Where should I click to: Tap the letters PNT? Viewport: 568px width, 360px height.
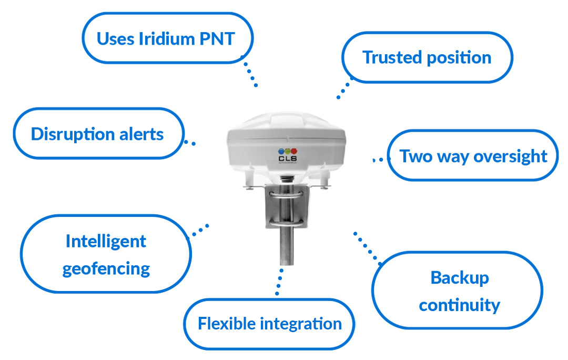click(217, 39)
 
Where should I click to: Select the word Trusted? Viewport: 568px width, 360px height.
click(392, 58)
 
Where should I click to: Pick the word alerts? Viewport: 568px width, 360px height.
click(141, 135)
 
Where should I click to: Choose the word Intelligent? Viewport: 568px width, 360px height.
click(106, 242)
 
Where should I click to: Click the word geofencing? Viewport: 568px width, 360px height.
click(106, 269)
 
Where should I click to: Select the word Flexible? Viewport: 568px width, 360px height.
click(226, 323)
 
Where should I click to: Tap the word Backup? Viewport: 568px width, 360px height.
click(460, 278)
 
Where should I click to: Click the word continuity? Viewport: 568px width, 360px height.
click(459, 305)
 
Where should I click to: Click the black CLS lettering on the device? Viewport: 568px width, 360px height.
click(288, 158)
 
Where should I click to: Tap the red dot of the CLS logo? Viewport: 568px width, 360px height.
click(294, 151)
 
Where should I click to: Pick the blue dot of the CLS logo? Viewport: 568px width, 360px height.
click(281, 151)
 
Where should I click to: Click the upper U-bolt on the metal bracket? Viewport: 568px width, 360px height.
click(286, 195)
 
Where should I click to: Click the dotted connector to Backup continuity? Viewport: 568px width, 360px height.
click(367, 248)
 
